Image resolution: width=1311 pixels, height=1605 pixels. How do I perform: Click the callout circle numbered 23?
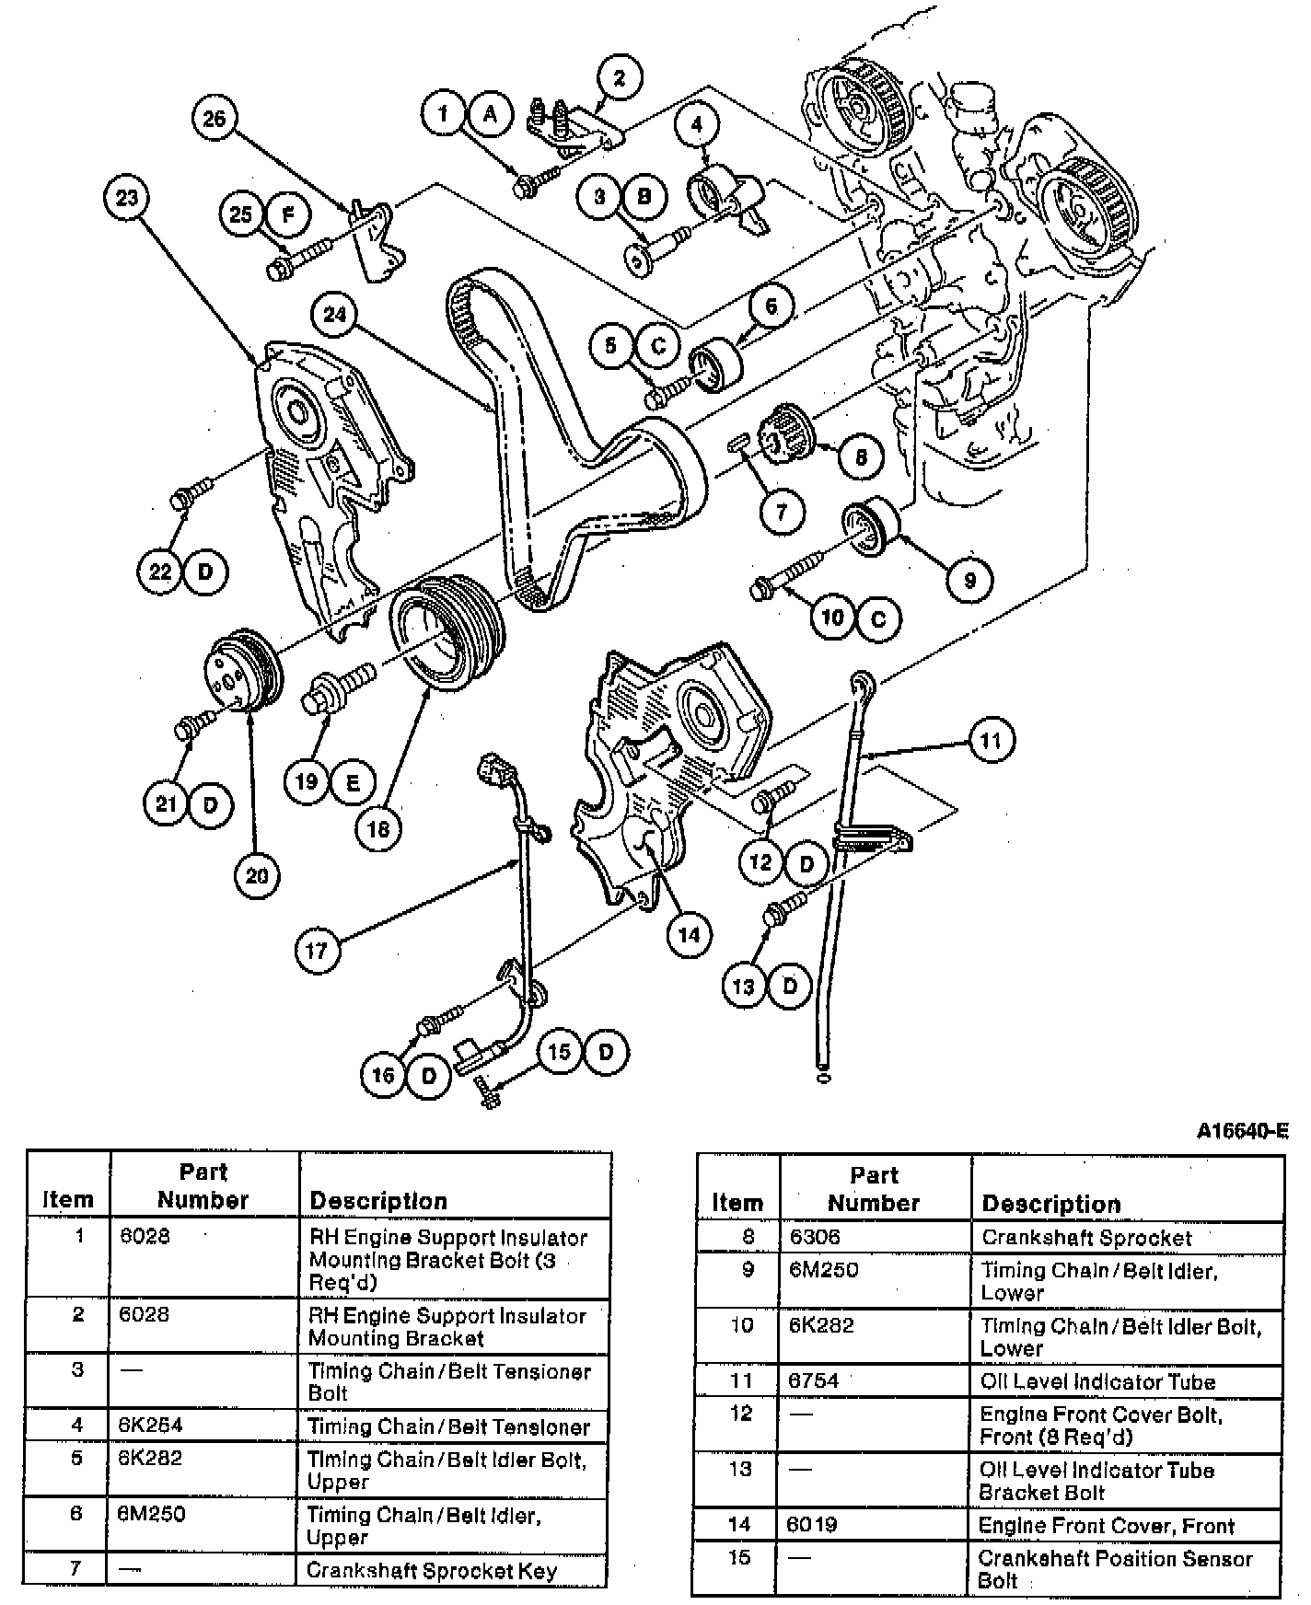[x=127, y=197]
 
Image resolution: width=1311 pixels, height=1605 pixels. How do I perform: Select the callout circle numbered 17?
[x=317, y=949]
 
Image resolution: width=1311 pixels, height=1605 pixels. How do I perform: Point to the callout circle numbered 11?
[x=991, y=740]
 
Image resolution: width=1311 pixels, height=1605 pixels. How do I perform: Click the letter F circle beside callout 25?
[x=288, y=215]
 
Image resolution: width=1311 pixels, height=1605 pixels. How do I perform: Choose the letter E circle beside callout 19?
[x=353, y=782]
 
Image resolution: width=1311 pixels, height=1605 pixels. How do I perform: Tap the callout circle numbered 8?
[x=861, y=456]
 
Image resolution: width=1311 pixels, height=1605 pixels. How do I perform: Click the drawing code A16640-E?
[x=1242, y=1131]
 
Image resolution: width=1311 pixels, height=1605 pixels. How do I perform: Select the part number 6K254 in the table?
[x=151, y=1426]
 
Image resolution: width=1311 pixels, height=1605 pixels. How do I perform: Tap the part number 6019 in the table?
[x=812, y=1525]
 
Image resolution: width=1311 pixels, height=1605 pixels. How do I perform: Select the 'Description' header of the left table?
[x=378, y=1200]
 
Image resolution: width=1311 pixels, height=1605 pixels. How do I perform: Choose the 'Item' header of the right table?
[x=737, y=1203]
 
